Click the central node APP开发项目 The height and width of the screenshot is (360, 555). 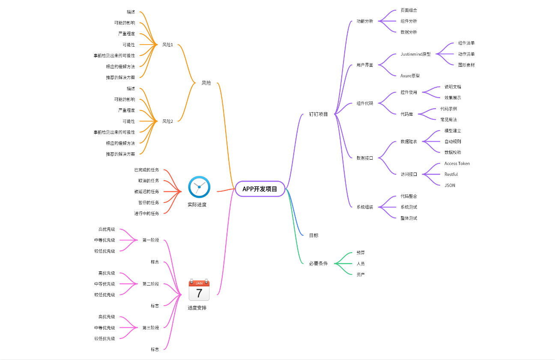(x=260, y=189)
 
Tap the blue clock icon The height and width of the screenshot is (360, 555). (x=199, y=187)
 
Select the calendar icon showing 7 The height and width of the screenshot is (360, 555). (x=199, y=290)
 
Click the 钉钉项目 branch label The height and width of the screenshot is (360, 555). (x=318, y=114)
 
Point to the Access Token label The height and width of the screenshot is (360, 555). (x=457, y=164)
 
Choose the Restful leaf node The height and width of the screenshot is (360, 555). (x=451, y=174)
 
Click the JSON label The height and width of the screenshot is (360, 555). (x=450, y=185)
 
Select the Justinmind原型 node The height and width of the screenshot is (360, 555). (x=415, y=54)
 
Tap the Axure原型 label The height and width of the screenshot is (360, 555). (x=410, y=76)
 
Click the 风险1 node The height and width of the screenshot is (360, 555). (x=167, y=45)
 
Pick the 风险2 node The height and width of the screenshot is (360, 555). (x=167, y=122)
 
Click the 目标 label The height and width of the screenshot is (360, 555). (x=314, y=235)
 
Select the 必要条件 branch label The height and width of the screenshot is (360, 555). (x=318, y=264)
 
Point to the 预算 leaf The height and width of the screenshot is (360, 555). (x=361, y=253)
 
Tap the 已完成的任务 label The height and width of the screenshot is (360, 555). (x=146, y=170)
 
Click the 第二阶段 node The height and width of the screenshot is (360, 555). (x=151, y=284)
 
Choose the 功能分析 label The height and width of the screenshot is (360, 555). (x=365, y=21)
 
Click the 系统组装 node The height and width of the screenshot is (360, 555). (x=365, y=207)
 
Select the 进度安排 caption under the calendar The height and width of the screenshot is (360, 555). (x=197, y=308)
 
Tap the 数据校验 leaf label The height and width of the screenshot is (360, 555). (x=453, y=152)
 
